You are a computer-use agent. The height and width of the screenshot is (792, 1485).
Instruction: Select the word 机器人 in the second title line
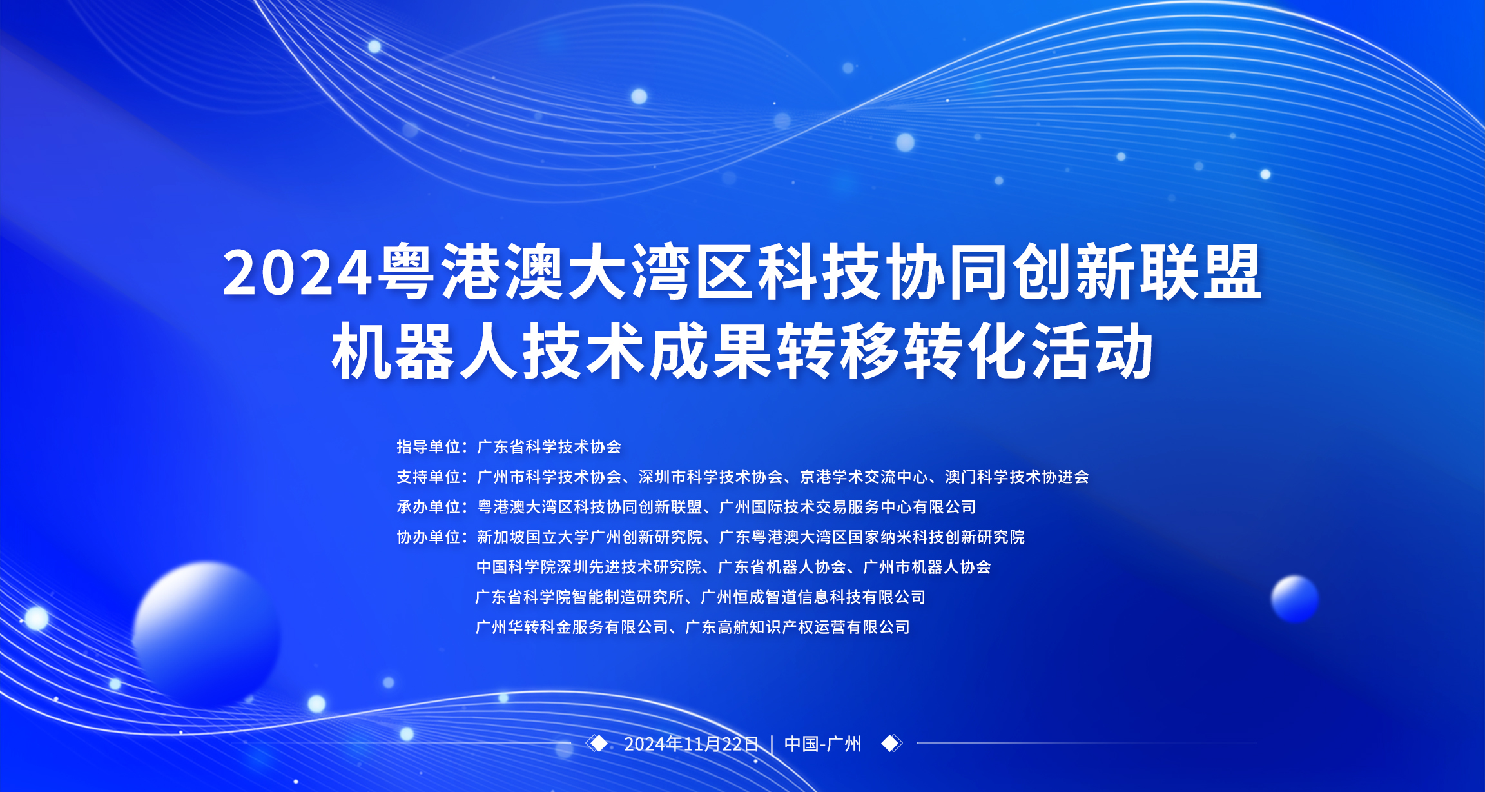point(425,351)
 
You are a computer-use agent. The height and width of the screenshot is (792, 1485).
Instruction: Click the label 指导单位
point(428,446)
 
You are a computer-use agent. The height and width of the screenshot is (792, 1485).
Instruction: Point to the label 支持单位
point(428,477)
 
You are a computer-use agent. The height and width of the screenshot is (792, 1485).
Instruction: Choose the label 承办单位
point(428,507)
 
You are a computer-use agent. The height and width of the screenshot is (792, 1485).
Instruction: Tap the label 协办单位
point(428,537)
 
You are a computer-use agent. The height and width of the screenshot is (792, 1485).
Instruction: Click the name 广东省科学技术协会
point(549,446)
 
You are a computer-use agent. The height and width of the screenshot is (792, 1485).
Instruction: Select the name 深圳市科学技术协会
point(710,477)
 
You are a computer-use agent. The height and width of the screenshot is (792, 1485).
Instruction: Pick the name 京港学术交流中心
point(864,477)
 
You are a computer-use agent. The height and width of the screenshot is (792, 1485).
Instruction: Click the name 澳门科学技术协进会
point(1017,477)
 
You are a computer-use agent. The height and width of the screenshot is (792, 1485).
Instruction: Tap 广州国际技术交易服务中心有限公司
point(848,507)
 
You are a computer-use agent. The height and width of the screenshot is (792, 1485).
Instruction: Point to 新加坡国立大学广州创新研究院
point(590,537)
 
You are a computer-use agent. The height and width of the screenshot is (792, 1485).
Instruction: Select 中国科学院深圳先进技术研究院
point(589,567)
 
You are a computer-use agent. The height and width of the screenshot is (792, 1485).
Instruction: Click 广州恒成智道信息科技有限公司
point(813,597)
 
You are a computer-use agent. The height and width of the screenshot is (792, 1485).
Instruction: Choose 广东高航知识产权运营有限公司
point(797,627)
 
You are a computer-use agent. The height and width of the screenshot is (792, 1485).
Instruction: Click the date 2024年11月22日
point(692,744)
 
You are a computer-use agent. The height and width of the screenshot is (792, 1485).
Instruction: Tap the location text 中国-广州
point(823,744)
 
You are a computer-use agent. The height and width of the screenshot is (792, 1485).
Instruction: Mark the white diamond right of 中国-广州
point(891,744)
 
